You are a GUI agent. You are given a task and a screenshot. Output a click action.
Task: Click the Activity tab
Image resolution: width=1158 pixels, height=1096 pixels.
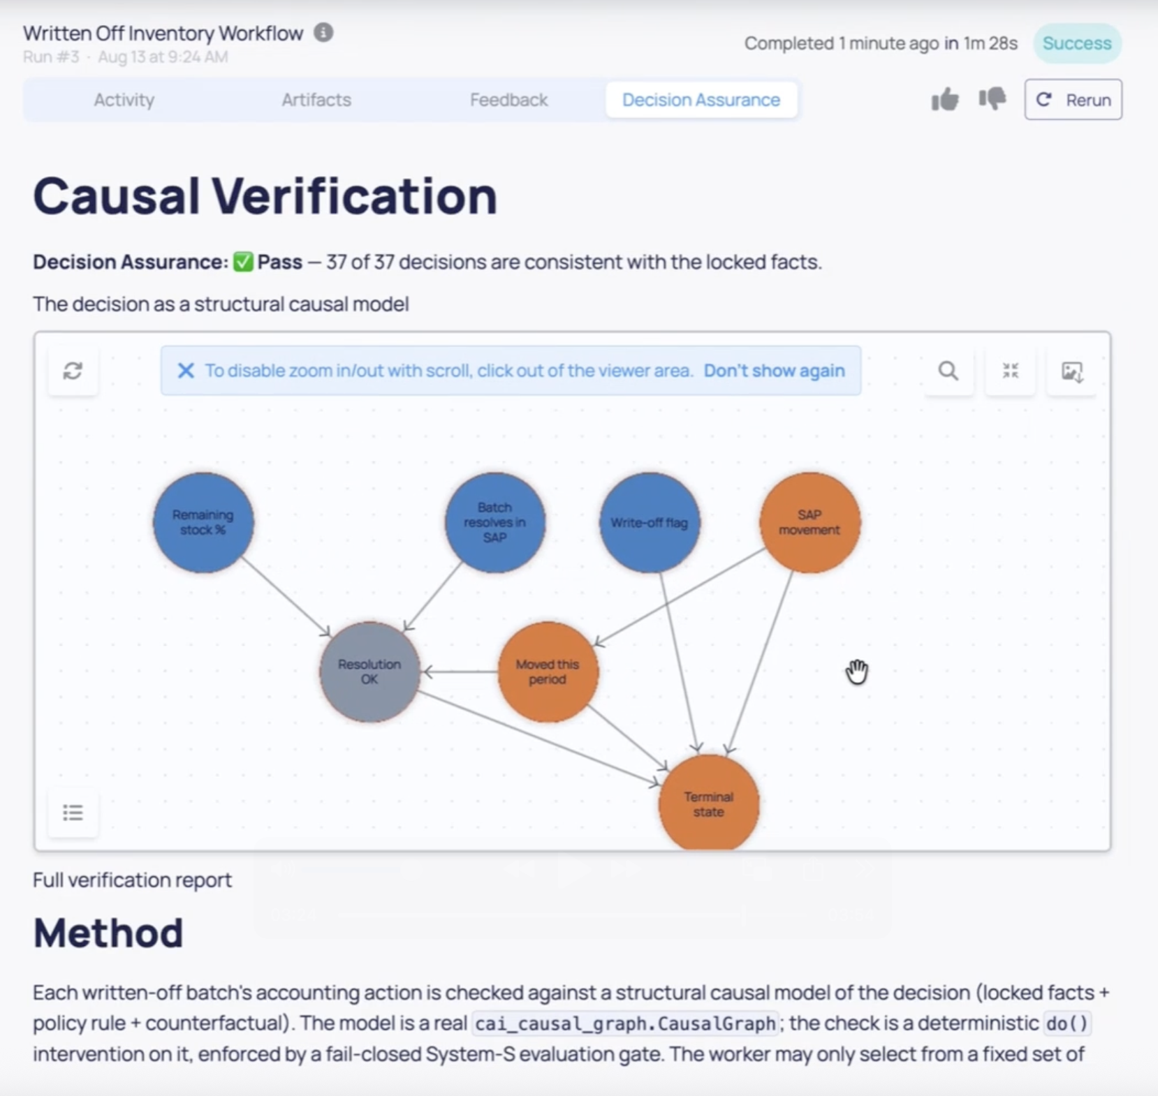pyautogui.click(x=124, y=100)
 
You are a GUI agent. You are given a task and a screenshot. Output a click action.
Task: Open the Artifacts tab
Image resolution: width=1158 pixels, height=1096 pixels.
pyautogui.click(x=316, y=100)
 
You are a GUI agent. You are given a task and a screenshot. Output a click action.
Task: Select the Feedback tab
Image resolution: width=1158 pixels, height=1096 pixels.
pyautogui.click(x=508, y=100)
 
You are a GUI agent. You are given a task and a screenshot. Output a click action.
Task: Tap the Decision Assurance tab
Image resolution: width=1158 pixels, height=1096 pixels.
pyautogui.click(x=701, y=100)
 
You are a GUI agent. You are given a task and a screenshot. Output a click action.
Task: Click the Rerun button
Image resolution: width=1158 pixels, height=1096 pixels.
pyautogui.click(x=1073, y=100)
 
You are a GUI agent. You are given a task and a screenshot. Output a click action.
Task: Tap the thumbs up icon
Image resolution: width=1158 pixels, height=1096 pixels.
pyautogui.click(x=945, y=100)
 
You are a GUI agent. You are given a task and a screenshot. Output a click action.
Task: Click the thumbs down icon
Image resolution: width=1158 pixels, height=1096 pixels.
pyautogui.click(x=992, y=99)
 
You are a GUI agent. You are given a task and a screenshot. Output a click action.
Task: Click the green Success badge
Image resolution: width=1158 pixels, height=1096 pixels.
pyautogui.click(x=1077, y=43)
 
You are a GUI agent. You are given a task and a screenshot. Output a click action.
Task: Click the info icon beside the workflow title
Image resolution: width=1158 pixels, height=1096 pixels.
pyautogui.click(x=323, y=32)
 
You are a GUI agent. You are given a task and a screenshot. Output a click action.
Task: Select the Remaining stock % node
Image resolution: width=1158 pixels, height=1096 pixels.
pyautogui.click(x=203, y=522)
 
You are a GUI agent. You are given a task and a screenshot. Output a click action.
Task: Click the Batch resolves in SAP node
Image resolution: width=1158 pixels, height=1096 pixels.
pyautogui.click(x=495, y=522)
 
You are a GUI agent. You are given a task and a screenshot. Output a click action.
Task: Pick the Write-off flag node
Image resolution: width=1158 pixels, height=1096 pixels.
pyautogui.click(x=650, y=522)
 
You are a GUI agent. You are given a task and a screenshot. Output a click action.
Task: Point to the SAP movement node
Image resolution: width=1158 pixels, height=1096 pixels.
pyautogui.click(x=809, y=522)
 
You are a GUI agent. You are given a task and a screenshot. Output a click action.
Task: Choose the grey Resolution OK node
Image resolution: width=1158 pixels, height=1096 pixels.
pyautogui.click(x=369, y=672)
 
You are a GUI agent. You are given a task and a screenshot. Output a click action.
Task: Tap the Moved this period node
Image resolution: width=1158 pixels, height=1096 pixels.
pyautogui.click(x=548, y=672)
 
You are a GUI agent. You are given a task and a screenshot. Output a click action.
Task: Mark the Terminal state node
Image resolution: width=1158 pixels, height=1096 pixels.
pyautogui.click(x=709, y=803)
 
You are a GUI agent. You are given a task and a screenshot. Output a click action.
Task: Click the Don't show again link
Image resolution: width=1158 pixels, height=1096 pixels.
pyautogui.click(x=774, y=371)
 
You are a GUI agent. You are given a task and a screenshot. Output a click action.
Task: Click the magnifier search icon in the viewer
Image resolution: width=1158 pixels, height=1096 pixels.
pyautogui.click(x=948, y=371)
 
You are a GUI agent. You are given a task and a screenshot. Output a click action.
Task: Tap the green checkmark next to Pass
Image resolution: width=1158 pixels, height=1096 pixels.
pyautogui.click(x=243, y=262)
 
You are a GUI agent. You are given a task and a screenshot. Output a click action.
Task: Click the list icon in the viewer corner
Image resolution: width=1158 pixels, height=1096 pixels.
pyautogui.click(x=73, y=812)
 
